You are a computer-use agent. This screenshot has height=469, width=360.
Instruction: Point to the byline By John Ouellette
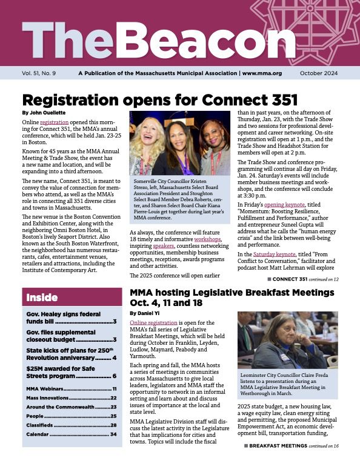click(x=45, y=113)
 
